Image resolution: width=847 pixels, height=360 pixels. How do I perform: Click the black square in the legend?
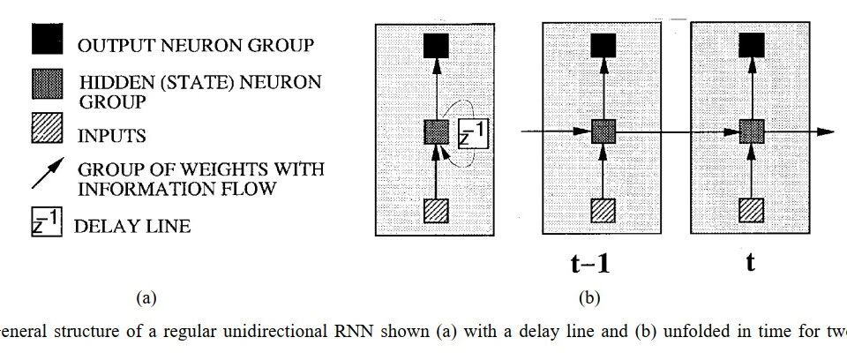coord(47,39)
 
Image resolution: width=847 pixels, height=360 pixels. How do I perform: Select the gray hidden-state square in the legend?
coord(47,85)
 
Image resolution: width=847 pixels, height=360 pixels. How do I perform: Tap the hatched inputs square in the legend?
coord(47,128)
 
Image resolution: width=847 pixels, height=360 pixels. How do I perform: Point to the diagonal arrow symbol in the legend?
coord(48,173)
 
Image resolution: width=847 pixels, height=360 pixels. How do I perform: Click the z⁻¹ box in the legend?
coord(47,222)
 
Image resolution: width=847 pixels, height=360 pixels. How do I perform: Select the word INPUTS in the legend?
coord(112,135)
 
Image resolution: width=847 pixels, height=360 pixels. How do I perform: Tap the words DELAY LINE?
coord(132,226)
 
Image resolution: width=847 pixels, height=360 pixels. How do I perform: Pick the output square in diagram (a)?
coord(436,45)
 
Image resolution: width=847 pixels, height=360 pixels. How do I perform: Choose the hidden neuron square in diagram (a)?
coord(436,131)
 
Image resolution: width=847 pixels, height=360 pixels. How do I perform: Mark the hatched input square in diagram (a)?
coord(436,211)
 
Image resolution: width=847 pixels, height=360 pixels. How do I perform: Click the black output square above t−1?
coord(603,45)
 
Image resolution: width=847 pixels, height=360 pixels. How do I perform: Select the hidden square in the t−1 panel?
coord(603,131)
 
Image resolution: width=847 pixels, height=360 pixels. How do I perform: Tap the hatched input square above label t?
coord(751,210)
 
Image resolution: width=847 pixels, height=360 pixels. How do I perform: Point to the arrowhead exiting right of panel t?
coord(826,131)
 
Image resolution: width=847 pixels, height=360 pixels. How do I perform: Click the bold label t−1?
coord(590,263)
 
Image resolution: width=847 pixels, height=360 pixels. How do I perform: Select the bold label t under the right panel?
coord(750,263)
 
